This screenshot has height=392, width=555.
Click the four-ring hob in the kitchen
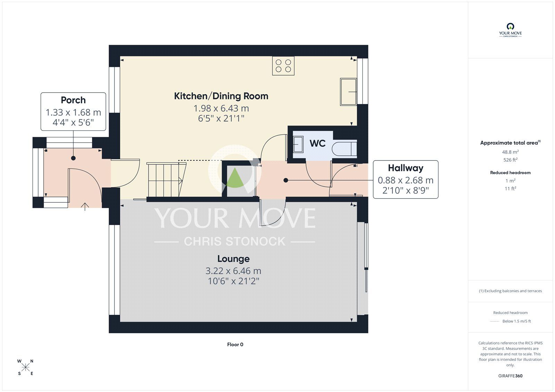pyautogui.click(x=283, y=66)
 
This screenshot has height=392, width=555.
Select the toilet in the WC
pyautogui.click(x=344, y=149)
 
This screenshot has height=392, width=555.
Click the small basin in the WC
pyautogui.click(x=298, y=144)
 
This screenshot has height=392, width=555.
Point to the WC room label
pyautogui.click(x=317, y=143)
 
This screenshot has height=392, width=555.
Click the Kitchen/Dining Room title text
pyautogui.click(x=221, y=96)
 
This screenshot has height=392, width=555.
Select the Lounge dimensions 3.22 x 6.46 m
pyautogui.click(x=233, y=271)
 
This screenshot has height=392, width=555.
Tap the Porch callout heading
pyautogui.click(x=73, y=100)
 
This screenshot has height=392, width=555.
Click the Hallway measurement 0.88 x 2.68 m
pyautogui.click(x=405, y=180)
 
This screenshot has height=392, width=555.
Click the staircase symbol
pyautogui.click(x=165, y=180)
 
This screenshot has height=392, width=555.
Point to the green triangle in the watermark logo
pyautogui.click(x=235, y=178)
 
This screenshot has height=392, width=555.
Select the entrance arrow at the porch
pyautogui.click(x=85, y=207)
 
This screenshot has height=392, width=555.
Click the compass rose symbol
pyautogui.click(x=25, y=367)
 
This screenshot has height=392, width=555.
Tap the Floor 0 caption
pyautogui.click(x=235, y=345)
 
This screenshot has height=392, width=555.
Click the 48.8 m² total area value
pyautogui.click(x=510, y=152)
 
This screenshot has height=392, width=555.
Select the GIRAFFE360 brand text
pyautogui.click(x=510, y=376)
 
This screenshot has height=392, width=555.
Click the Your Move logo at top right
pyautogui.click(x=510, y=30)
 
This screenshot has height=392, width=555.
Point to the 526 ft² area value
pyautogui.click(x=510, y=160)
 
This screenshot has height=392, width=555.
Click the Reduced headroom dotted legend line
pyautogui.click(x=494, y=321)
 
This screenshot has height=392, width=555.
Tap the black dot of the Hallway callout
pyautogui.click(x=286, y=180)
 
